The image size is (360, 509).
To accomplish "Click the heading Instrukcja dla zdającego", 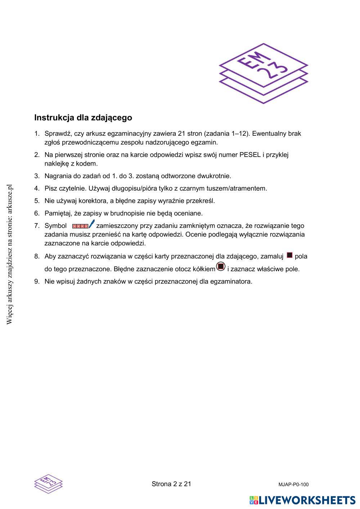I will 83,118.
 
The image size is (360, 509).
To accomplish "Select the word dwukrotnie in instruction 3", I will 215,176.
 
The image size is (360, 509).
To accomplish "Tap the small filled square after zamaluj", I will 289,256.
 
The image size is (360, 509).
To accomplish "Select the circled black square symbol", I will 221,267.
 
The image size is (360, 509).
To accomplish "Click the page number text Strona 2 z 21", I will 171,484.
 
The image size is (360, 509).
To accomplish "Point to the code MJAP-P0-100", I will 293,485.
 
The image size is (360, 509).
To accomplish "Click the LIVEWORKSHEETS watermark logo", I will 302,500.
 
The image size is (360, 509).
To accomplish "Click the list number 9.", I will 37,281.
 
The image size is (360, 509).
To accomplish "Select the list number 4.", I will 37,188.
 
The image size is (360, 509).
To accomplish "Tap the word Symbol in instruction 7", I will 55,226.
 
